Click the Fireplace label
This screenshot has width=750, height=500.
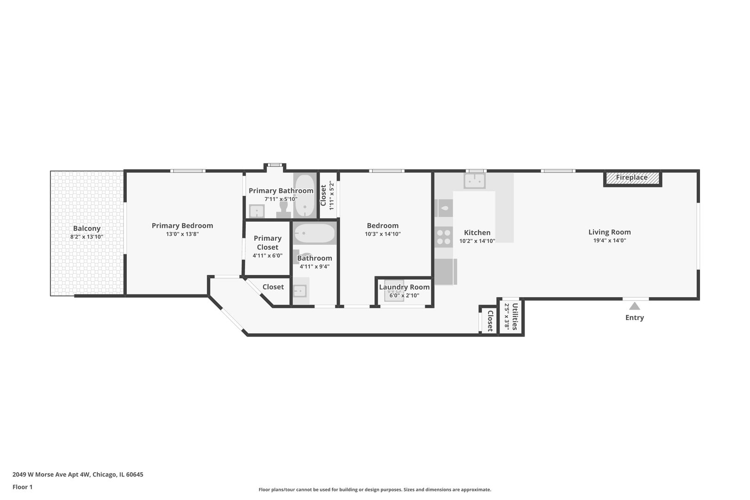631,177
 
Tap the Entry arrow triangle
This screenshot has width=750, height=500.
634,306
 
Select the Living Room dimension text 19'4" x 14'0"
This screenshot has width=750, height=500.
609,240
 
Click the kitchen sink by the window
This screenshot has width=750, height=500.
475,181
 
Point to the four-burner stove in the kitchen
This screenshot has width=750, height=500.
444,237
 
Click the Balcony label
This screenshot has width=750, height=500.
87,228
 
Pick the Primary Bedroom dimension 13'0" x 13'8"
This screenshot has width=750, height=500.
182,234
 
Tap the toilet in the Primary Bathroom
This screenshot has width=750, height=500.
284,210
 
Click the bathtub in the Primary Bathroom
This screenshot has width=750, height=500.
304,196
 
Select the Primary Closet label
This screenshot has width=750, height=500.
268,243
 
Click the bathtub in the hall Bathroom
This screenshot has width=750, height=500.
314,233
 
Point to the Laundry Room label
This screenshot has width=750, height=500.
404,287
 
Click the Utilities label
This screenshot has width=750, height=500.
515,317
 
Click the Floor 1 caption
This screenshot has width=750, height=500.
22,487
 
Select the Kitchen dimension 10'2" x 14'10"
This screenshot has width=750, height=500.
477,241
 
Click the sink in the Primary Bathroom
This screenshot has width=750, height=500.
257,211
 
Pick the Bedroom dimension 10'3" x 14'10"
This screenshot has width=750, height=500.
383,234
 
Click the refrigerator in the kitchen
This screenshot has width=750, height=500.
446,271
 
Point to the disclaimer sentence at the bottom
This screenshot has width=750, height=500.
375,490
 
